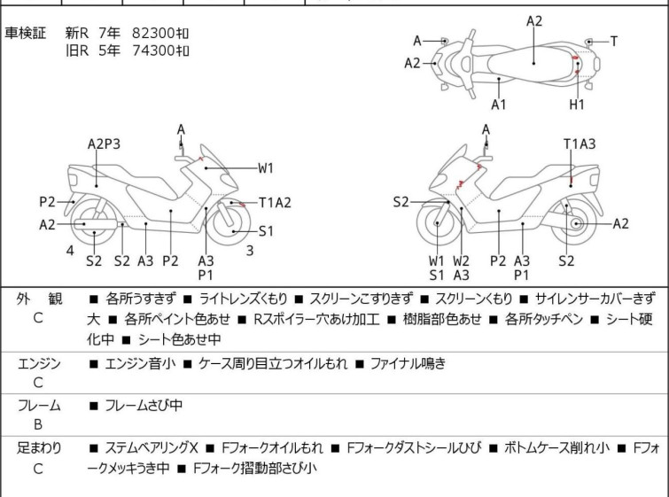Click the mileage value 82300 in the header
[x=153, y=33]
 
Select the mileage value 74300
[x=153, y=50]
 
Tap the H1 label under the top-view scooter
[x=577, y=104]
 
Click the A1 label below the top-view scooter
[x=498, y=104]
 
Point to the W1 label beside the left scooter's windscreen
[x=265, y=168]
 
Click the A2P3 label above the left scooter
[x=104, y=144]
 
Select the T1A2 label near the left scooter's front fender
[x=276, y=202]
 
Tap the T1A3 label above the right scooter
[x=580, y=144]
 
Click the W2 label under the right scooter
[x=462, y=260]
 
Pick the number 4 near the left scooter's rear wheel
[x=70, y=250]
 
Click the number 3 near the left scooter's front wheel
[x=250, y=250]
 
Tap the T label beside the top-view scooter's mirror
[x=613, y=42]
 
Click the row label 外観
[x=39, y=299]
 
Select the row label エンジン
[x=39, y=363]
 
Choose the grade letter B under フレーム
[x=38, y=425]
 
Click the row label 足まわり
[x=39, y=448]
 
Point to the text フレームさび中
[x=144, y=405]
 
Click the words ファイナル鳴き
[x=408, y=363]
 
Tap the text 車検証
[x=25, y=33]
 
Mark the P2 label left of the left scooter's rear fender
[x=47, y=202]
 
